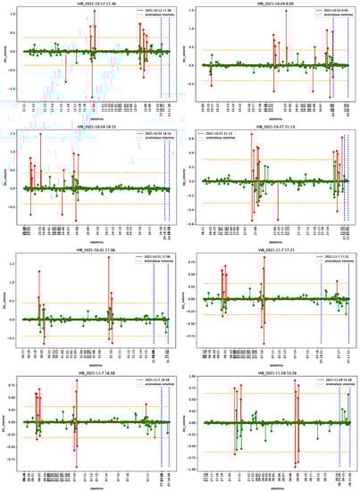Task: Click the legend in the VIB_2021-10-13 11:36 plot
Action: tap(145, 14)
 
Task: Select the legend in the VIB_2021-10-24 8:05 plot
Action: tap(325, 14)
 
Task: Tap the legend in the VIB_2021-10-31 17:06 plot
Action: tap(145, 260)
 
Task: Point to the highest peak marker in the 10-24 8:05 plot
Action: tap(286, 11)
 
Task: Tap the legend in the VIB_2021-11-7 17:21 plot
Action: tap(325, 260)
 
